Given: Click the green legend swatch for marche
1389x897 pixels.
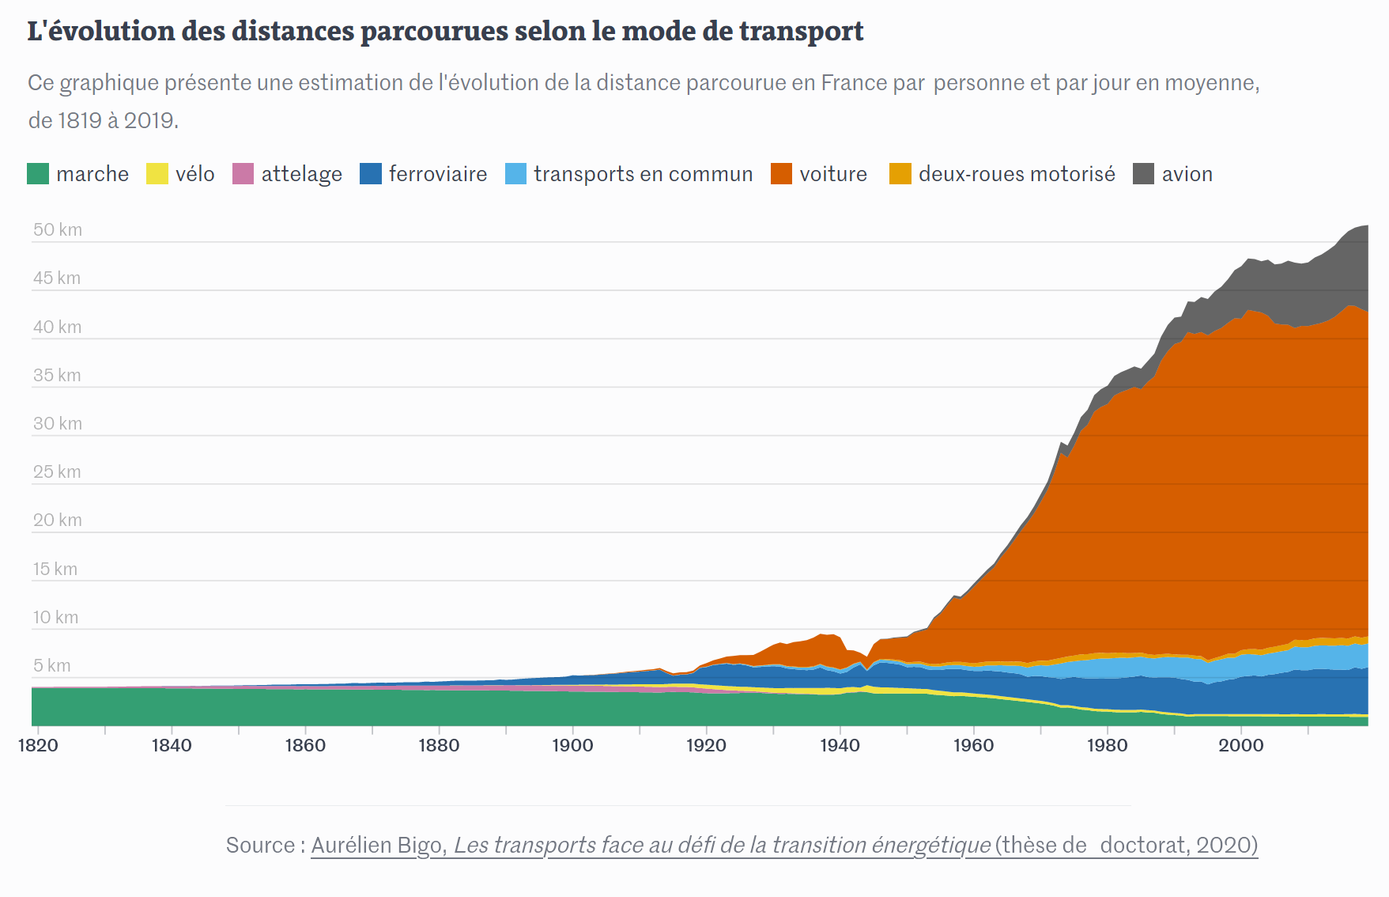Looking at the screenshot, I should [38, 173].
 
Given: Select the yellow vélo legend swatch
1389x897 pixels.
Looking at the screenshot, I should [157, 173].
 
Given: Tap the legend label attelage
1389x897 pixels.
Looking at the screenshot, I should [301, 174].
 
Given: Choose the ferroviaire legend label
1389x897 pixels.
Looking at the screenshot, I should [437, 174].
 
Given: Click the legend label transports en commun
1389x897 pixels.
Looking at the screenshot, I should [643, 174].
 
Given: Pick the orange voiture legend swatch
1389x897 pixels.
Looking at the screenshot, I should [781, 173].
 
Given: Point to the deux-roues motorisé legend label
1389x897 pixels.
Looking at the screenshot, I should [1017, 174].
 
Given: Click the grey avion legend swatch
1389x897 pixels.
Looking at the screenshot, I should [1143, 173].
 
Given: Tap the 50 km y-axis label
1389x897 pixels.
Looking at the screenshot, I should [58, 230].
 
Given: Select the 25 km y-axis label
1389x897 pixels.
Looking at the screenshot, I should [57, 472].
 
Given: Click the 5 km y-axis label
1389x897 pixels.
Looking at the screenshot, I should [52, 666].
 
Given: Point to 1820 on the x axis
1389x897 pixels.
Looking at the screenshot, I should [38, 745].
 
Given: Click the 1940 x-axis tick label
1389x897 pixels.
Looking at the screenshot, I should [840, 745].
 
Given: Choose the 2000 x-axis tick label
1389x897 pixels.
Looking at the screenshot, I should [1240, 745].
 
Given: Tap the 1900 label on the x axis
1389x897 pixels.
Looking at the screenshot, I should [572, 745].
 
